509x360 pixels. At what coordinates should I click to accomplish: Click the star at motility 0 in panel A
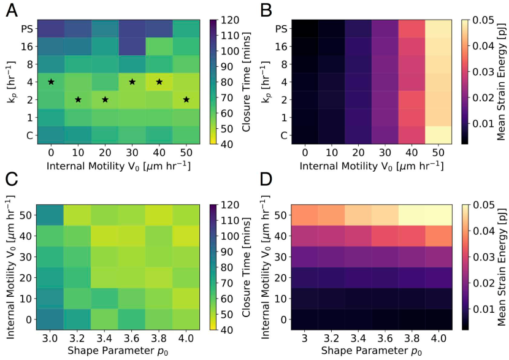[x=51, y=82]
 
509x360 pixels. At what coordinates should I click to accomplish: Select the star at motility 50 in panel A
[x=186, y=99]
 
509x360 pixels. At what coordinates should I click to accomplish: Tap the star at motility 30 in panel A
[x=132, y=82]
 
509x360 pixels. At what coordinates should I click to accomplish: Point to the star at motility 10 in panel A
[x=78, y=99]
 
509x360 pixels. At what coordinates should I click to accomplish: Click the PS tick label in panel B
[x=279, y=28]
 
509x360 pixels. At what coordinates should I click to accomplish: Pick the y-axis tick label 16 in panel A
[x=28, y=46]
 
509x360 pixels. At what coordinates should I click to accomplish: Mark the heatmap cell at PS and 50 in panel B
[x=437, y=28]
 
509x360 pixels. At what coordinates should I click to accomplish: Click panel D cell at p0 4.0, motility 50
[x=437, y=216]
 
